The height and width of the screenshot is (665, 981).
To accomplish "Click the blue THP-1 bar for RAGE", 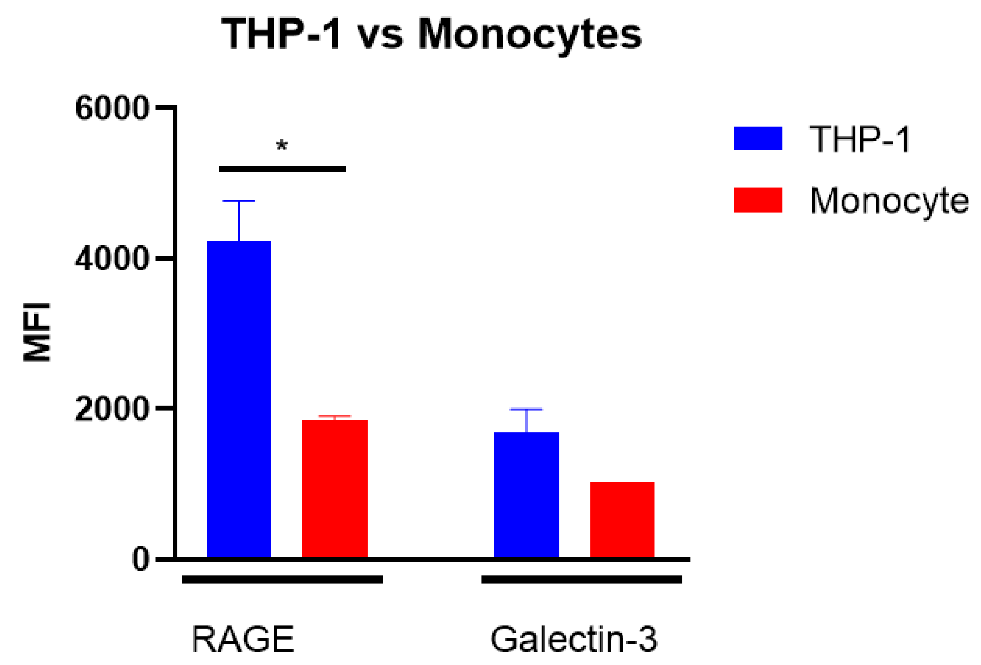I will [239, 398].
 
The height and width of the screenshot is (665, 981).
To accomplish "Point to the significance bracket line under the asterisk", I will [282, 169].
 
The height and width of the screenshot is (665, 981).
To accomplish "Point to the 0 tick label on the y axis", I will [140, 559].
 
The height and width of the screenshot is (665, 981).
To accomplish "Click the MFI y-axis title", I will [37, 332].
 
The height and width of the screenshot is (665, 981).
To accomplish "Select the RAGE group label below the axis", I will [243, 639].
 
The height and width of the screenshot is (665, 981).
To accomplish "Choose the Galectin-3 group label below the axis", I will [574, 639].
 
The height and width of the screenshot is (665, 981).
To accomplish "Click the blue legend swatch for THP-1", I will [758, 138].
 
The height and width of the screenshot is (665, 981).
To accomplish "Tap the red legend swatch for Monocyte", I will [758, 200].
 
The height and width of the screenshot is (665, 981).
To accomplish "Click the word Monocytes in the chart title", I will [530, 34].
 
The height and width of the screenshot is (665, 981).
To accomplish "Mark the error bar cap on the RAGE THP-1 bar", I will [239, 201].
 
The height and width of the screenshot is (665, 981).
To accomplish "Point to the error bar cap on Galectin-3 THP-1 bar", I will [526, 409].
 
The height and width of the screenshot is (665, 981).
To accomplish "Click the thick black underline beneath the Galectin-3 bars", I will [581, 580].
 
